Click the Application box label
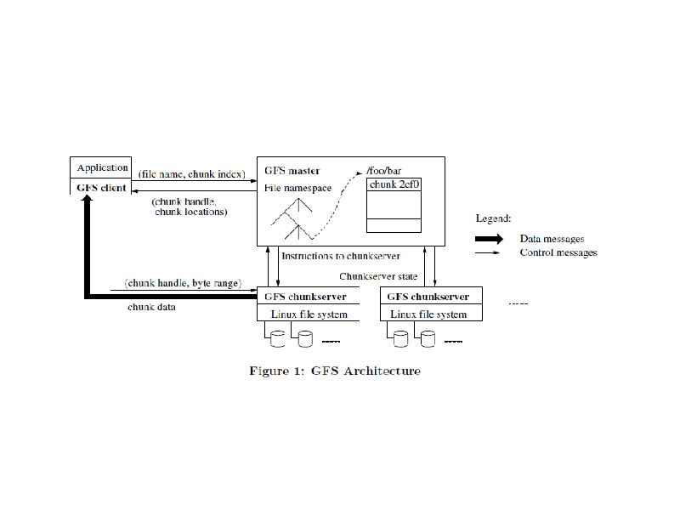pos(102,167)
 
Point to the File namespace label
pos(298,187)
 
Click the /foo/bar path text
pos(382,171)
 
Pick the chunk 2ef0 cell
pos(393,184)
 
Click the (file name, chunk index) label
pos(191,174)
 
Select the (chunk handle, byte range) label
pos(183,282)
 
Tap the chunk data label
pos(153,306)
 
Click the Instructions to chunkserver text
pos(340,255)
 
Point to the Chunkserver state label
pos(378,276)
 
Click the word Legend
pos(494,218)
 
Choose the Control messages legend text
pos(558,252)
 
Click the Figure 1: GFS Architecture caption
pos(334,371)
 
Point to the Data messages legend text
pos(552,239)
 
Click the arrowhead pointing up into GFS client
pos(87,201)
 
